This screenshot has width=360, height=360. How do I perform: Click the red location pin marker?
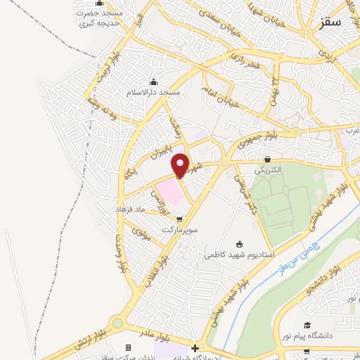[181, 165]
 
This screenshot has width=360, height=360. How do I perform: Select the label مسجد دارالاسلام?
[153, 92]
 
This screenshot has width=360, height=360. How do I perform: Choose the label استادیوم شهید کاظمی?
[239, 255]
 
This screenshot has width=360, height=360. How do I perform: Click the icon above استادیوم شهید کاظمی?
[239, 244]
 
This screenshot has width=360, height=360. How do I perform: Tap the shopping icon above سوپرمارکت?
[179, 219]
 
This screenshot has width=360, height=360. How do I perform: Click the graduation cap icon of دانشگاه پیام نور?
[307, 325]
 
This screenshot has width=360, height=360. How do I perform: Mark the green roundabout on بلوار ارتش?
[117, 323]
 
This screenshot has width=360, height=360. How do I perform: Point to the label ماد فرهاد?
[132, 210]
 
